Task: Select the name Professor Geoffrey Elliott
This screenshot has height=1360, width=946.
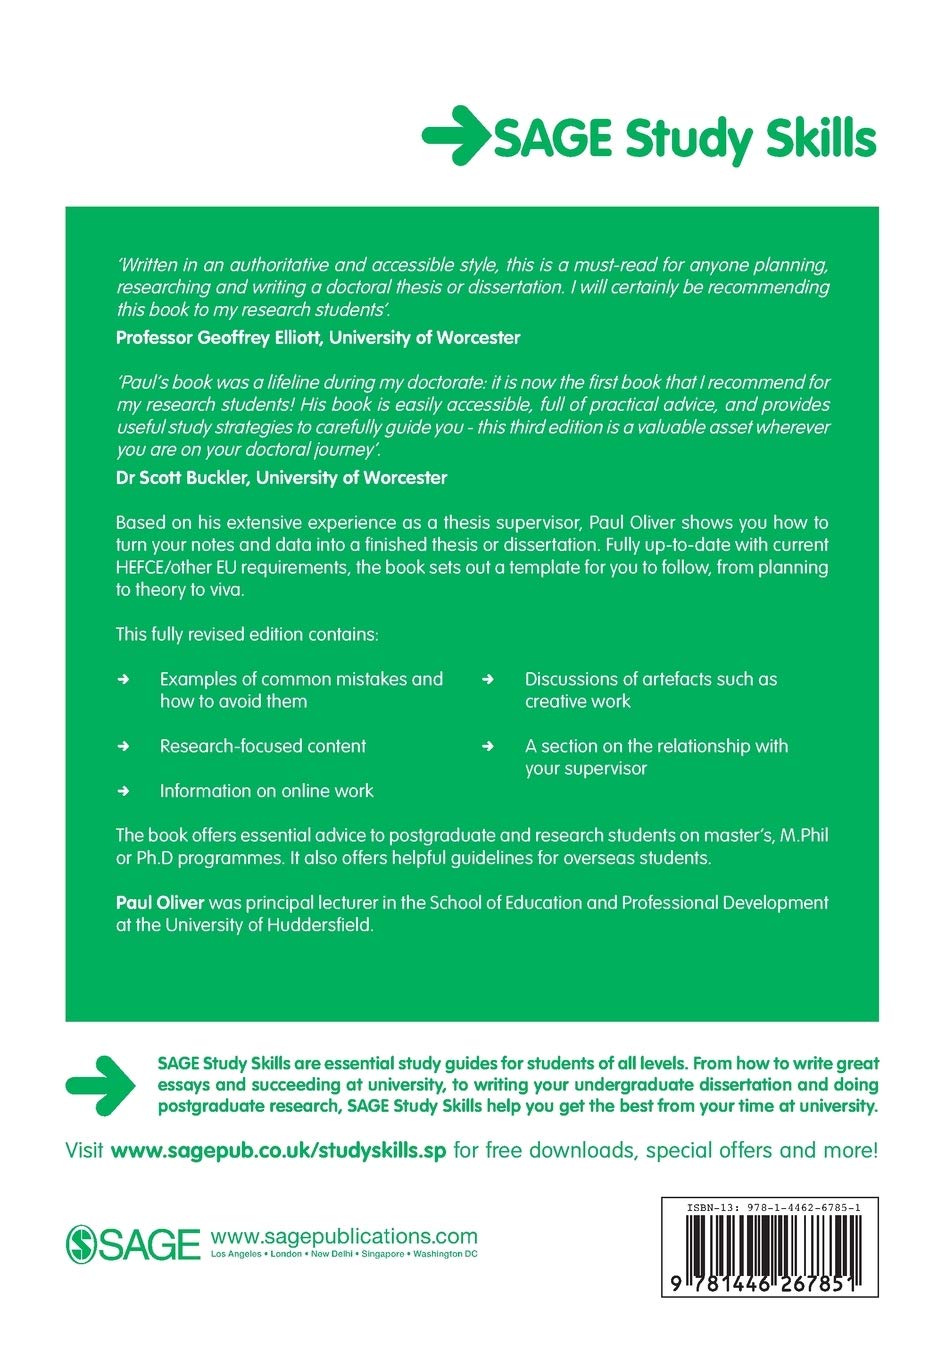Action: pyautogui.click(x=220, y=338)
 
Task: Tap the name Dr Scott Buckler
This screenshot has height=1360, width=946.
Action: pyautogui.click(x=183, y=478)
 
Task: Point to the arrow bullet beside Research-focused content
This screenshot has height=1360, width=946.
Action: pyautogui.click(x=124, y=746)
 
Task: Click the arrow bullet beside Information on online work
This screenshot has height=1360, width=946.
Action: pyautogui.click(x=124, y=791)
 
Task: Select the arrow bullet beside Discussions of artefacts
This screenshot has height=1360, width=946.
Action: pyautogui.click(x=488, y=679)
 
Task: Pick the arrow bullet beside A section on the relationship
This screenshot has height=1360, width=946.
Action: pyautogui.click(x=488, y=746)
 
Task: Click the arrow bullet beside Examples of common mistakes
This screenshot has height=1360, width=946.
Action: pyautogui.click(x=124, y=679)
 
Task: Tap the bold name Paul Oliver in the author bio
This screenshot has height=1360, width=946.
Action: pyautogui.click(x=160, y=902)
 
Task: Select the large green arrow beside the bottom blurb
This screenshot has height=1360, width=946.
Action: pyautogui.click(x=100, y=1084)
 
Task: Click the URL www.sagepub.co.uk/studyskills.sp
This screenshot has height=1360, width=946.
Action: pyautogui.click(x=278, y=1150)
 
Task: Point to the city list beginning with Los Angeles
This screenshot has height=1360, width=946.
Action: pyautogui.click(x=344, y=1254)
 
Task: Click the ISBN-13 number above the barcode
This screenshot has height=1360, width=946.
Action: pyautogui.click(x=768, y=1209)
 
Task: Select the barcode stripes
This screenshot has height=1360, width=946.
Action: pyautogui.click(x=768, y=1245)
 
